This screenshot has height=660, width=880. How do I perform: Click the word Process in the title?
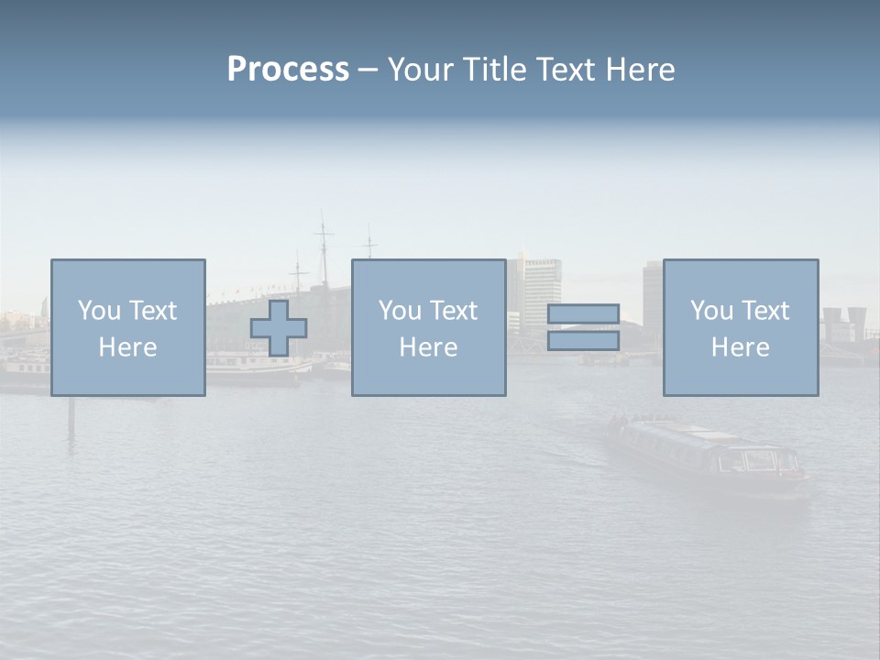[x=288, y=70]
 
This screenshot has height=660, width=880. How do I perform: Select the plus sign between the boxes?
[x=279, y=328]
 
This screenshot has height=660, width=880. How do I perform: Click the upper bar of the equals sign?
[x=583, y=314]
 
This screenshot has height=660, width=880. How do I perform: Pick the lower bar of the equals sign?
[x=583, y=341]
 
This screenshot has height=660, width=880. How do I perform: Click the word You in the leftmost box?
[x=99, y=311]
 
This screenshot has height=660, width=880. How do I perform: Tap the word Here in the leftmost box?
[x=127, y=347]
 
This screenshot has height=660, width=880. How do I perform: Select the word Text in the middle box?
[x=453, y=311]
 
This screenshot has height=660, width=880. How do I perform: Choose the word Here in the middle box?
[x=428, y=347]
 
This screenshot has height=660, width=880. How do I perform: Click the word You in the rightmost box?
[x=711, y=311]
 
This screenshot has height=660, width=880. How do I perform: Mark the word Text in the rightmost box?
[x=764, y=311]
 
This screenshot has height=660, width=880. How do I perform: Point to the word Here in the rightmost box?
[x=740, y=347]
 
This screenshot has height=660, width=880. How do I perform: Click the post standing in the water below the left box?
[x=71, y=417]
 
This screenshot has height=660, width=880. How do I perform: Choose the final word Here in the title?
[x=640, y=70]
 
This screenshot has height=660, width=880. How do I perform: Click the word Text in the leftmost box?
[x=152, y=311]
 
